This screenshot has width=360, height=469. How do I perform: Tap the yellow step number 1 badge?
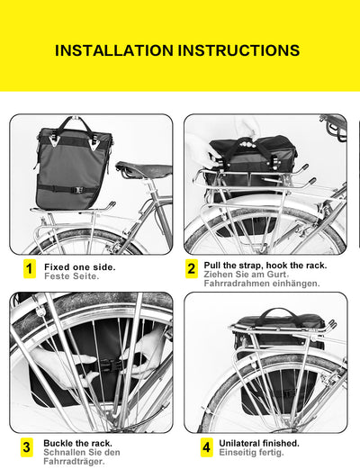point(29,268)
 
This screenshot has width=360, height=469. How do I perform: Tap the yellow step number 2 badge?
point(192,268)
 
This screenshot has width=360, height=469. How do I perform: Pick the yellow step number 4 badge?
point(206,446)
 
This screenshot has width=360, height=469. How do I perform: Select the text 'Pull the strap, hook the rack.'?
point(265,266)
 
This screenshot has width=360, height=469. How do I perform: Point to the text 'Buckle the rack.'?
point(78,444)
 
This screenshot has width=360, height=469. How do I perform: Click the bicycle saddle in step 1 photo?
point(142,169)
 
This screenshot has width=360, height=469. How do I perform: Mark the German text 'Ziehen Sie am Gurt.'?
point(247,275)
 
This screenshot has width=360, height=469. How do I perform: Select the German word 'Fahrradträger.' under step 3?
point(74,462)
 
